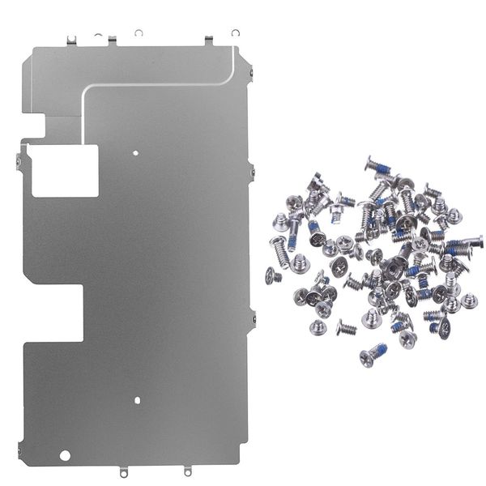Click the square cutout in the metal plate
pos(65,170)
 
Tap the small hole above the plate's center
pos(137,151)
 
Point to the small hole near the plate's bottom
pos(137,399)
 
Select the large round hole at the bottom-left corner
pos(66,454)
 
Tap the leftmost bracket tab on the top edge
pos(71,39)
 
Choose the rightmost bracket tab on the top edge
pos(208,39)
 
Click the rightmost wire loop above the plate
pos(235,33)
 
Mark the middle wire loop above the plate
pos(139,33)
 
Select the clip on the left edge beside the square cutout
pos(18,161)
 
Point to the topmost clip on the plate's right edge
pos(250,75)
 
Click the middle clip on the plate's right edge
pos(251,171)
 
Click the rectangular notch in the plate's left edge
pos(53,313)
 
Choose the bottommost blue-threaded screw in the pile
pos(373,354)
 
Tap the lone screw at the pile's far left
pos(273,276)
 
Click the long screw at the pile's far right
pos(465,242)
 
